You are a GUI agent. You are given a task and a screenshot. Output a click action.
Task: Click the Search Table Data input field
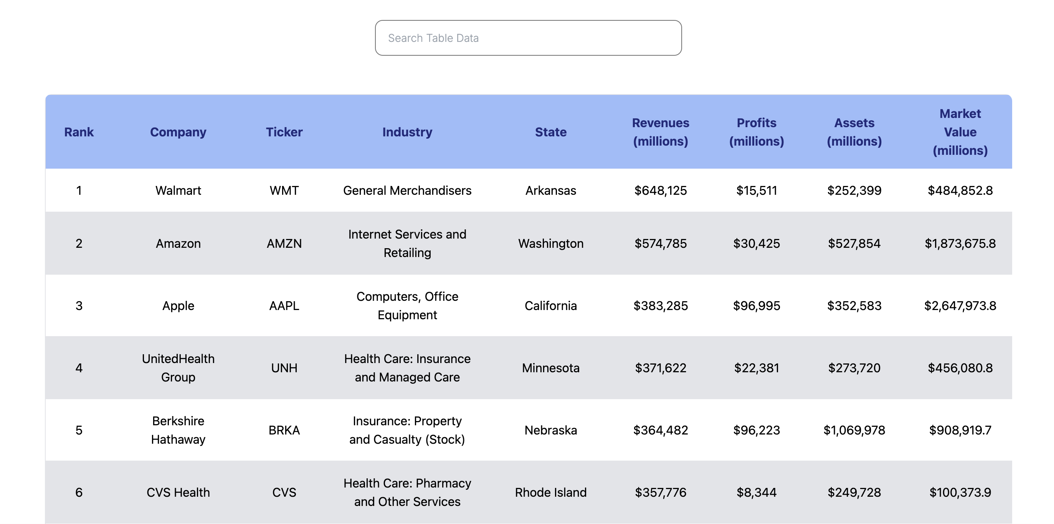pyautogui.click(x=528, y=38)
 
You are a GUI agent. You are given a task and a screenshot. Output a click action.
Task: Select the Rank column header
pyautogui.click(x=79, y=132)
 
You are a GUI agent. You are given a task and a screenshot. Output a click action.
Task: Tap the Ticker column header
pyautogui.click(x=284, y=132)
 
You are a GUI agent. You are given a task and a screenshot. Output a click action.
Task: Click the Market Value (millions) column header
pyautogui.click(x=960, y=132)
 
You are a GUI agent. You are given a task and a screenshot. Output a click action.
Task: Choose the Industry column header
pyautogui.click(x=407, y=132)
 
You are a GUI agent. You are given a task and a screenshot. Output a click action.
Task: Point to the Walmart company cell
pyautogui.click(x=178, y=191)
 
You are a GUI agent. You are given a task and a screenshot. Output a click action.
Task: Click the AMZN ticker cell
pyautogui.click(x=284, y=244)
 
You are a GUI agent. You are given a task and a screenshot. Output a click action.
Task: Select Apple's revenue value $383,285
pyautogui.click(x=661, y=306)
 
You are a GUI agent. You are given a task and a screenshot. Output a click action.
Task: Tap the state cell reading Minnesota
pyautogui.click(x=550, y=368)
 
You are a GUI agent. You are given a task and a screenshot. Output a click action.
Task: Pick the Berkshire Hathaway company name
pyautogui.click(x=178, y=430)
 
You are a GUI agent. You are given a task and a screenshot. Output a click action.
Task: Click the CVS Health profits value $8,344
pyautogui.click(x=756, y=492)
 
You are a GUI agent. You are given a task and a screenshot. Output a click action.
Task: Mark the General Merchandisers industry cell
pyautogui.click(x=407, y=191)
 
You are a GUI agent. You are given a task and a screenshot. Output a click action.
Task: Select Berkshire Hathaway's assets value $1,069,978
pyautogui.click(x=854, y=430)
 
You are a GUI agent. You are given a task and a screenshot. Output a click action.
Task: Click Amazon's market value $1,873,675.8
pyautogui.click(x=960, y=244)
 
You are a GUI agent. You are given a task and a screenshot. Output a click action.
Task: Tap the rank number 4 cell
pyautogui.click(x=79, y=368)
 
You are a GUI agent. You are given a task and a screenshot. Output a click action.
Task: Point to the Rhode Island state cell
pyautogui.click(x=550, y=492)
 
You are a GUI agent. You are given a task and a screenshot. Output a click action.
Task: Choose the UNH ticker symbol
pyautogui.click(x=284, y=368)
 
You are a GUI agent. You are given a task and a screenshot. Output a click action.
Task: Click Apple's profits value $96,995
pyautogui.click(x=756, y=306)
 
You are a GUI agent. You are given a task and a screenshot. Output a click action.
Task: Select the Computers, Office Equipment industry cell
pyautogui.click(x=407, y=306)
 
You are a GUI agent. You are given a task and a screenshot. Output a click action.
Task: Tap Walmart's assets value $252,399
pyautogui.click(x=854, y=191)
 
